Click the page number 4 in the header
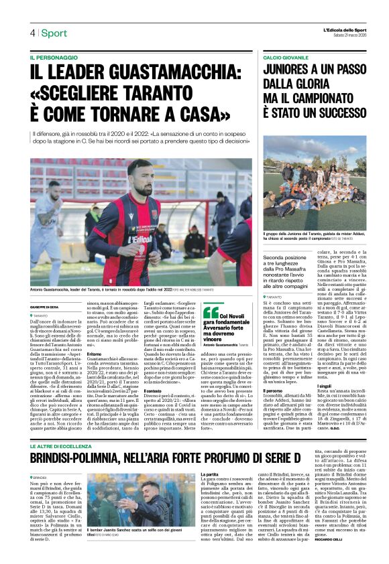coord(32,33)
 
